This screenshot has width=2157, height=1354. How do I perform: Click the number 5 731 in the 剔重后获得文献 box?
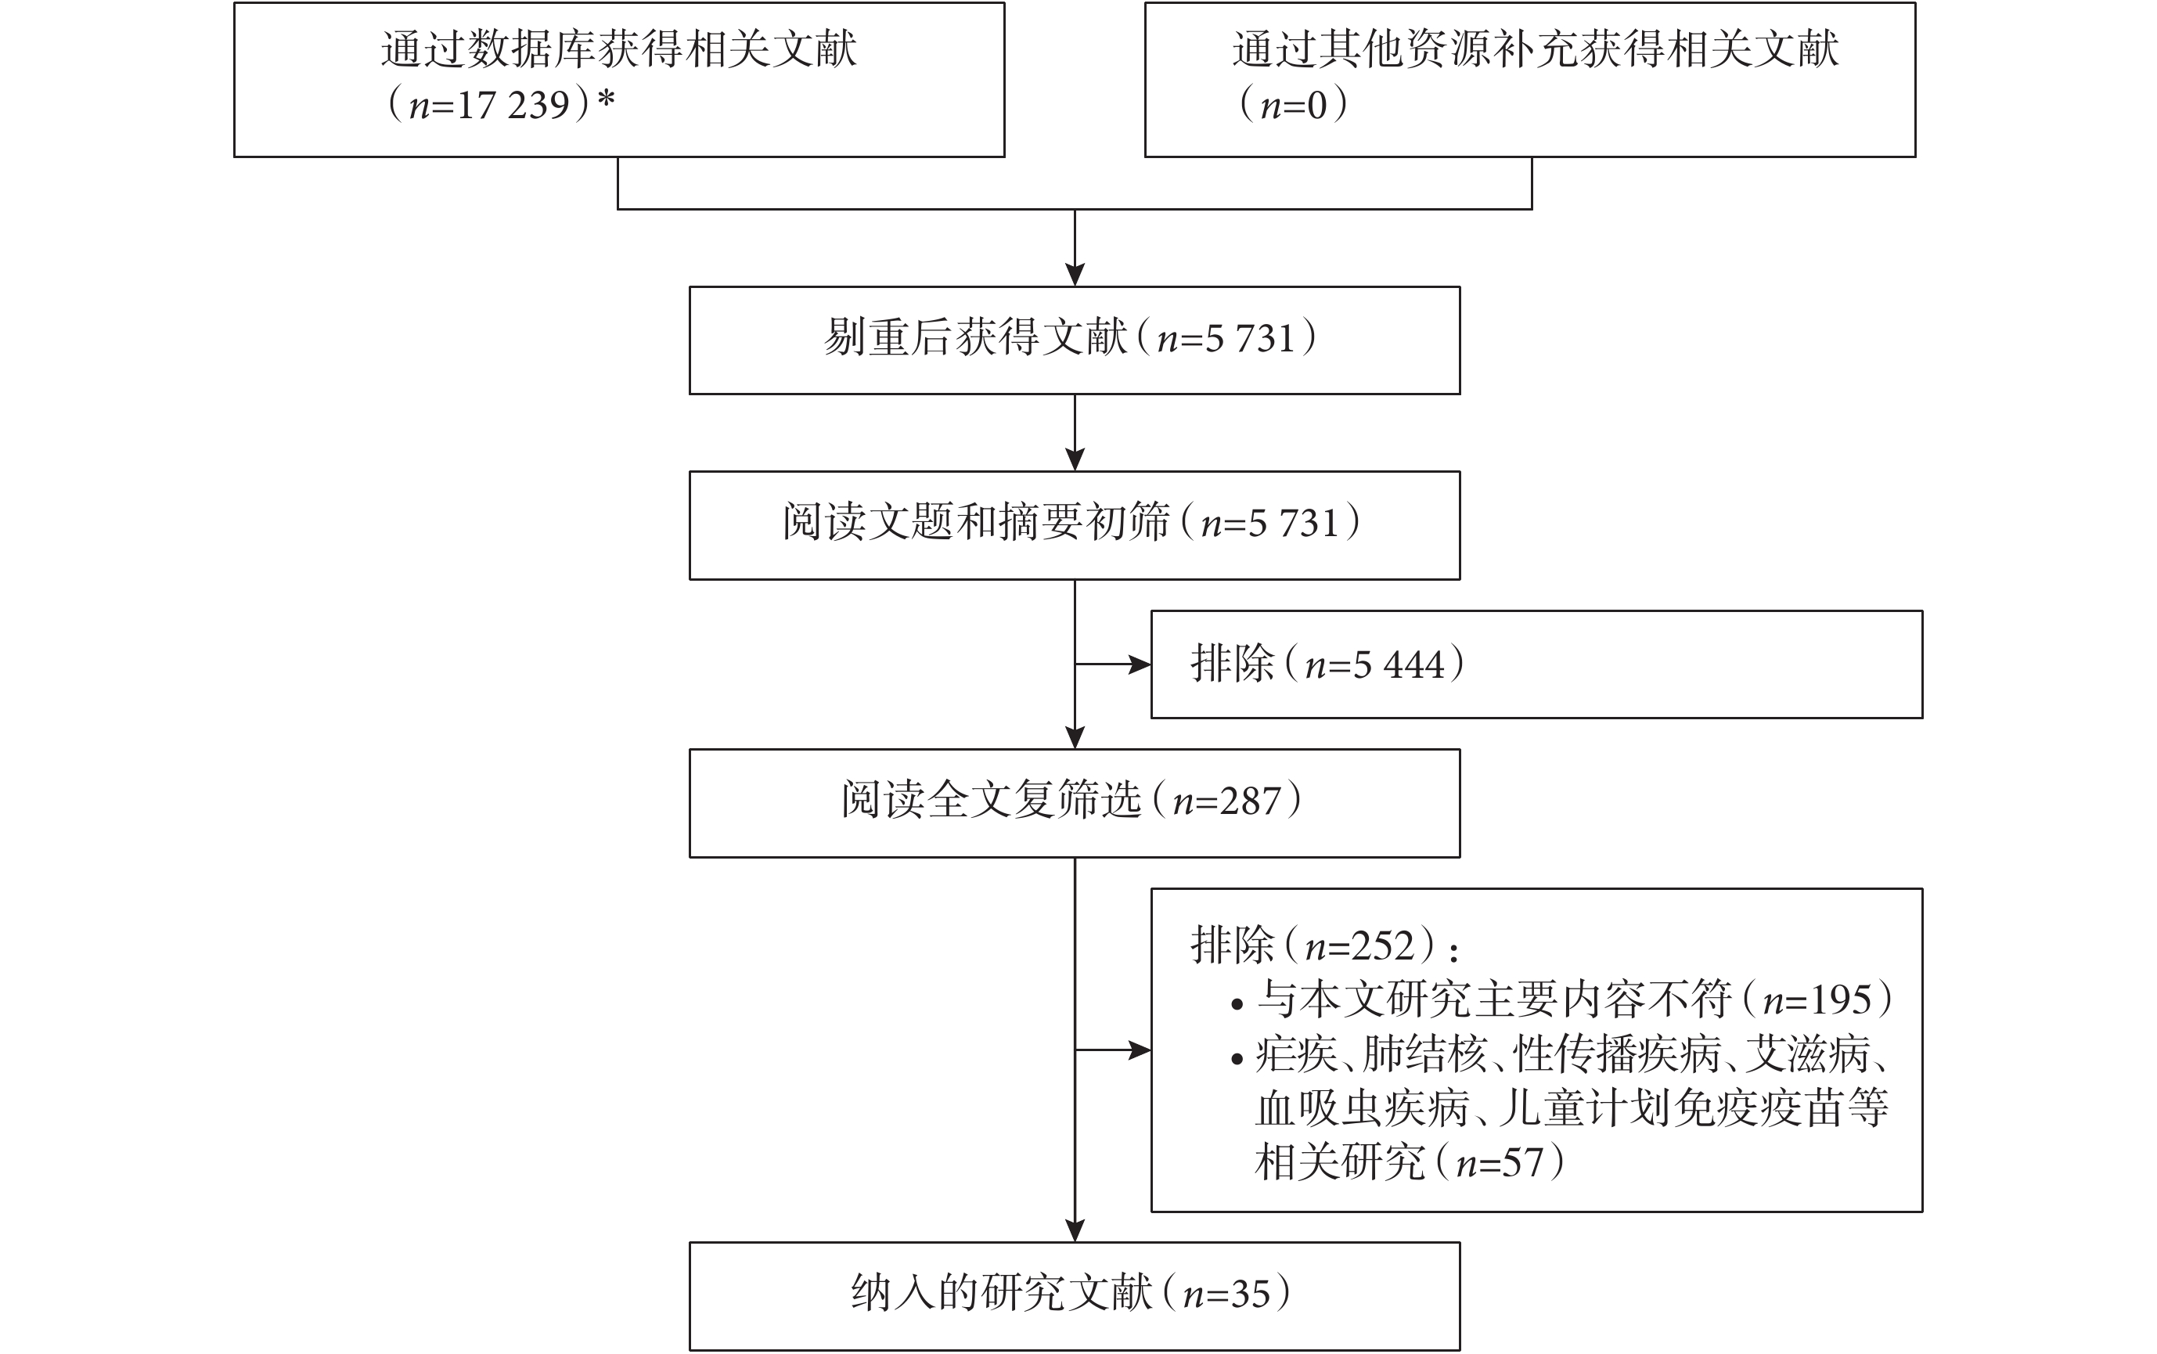(1250, 338)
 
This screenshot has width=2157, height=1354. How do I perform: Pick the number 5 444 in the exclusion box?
(1399, 664)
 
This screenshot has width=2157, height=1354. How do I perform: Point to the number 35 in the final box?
(1250, 1294)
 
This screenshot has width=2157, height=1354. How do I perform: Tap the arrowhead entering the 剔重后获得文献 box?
(1075, 275)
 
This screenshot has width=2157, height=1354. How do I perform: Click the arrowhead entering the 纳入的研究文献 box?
(1075, 1230)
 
